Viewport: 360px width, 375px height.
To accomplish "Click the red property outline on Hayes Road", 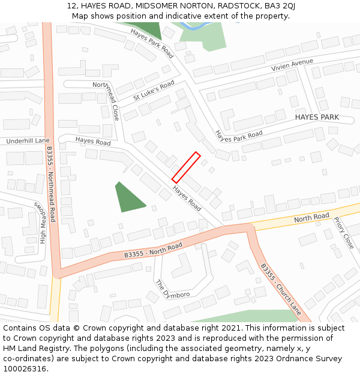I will point(186,167).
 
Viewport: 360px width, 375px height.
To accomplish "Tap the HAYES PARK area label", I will point(317,118).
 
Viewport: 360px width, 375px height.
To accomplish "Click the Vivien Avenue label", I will point(292,65).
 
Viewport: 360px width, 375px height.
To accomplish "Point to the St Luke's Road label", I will point(154,90).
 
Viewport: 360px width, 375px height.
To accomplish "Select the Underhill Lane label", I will point(28,141).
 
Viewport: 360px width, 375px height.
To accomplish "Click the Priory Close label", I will point(344,233).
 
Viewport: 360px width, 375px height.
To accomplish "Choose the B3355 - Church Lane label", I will point(281,289).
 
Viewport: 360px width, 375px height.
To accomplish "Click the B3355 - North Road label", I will point(153,250).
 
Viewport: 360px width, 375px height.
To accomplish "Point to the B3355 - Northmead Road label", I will point(51,184).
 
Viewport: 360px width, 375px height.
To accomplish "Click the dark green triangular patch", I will point(128,199).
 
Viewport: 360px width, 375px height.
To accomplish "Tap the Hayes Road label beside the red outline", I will point(187,197).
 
